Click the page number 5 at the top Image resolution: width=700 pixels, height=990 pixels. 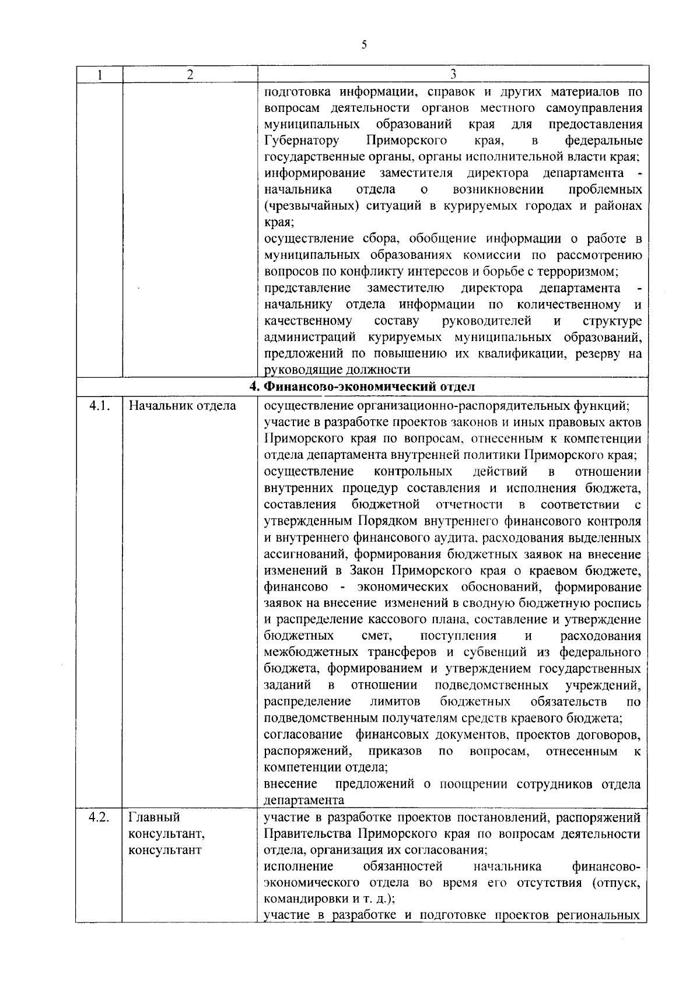[364, 45]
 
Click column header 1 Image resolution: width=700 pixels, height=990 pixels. [100, 75]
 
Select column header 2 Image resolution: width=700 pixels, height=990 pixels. [190, 75]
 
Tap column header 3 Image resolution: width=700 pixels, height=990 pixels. [453, 75]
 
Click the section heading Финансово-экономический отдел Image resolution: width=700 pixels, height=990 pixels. [362, 386]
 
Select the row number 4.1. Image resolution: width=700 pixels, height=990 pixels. [99, 406]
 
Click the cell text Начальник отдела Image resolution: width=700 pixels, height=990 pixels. [182, 406]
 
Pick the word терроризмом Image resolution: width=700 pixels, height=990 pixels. [575, 272]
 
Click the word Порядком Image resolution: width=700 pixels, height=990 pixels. [382, 521]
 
